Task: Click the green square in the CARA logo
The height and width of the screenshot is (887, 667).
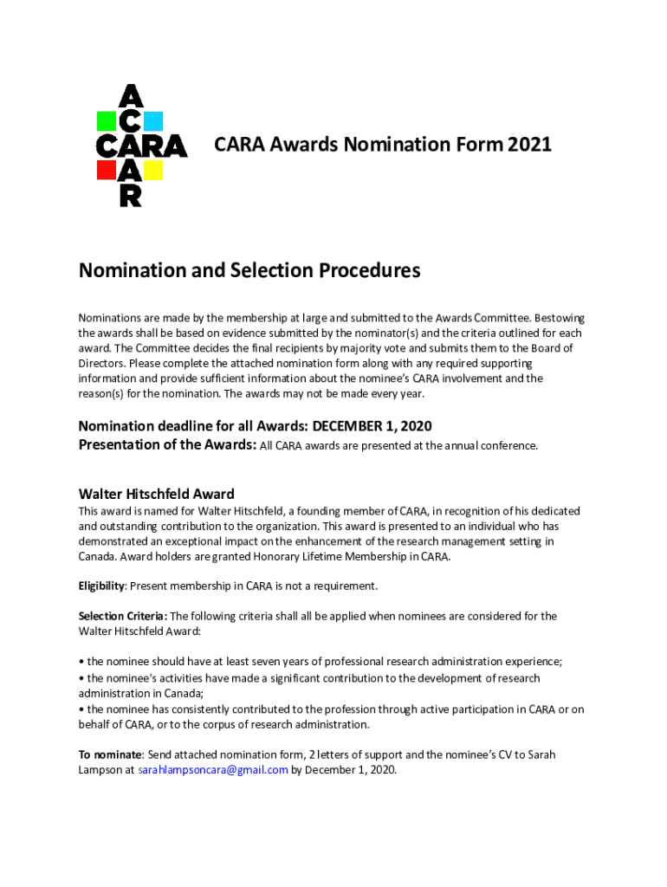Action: click(107, 121)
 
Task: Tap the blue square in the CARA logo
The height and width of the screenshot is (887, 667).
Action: click(153, 121)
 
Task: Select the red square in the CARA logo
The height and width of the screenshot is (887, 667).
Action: click(107, 170)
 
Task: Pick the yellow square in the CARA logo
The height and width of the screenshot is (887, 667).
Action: click(153, 170)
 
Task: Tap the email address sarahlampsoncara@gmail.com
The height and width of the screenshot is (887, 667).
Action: click(213, 769)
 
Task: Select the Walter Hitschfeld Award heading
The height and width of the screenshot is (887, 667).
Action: click(156, 495)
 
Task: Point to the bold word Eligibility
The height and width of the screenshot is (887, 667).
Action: click(101, 586)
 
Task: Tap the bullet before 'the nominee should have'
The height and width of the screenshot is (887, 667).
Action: click(81, 663)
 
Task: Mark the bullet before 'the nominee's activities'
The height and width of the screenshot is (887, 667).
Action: click(81, 678)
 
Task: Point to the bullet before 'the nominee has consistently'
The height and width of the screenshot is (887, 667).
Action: click(81, 709)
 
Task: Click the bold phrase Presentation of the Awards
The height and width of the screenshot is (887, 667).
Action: click(167, 445)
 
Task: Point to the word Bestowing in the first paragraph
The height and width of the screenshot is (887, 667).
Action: click(556, 319)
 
